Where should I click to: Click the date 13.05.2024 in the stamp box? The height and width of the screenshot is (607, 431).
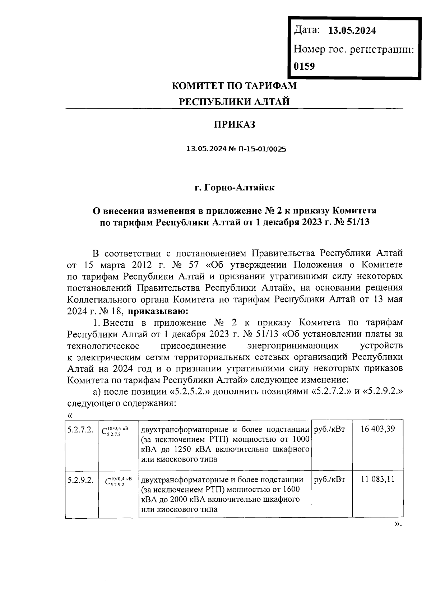point(352,31)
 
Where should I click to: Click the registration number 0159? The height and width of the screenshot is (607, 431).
point(304,66)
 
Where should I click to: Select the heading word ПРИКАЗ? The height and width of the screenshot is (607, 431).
point(235,125)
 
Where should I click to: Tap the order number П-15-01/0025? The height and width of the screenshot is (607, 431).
point(258,149)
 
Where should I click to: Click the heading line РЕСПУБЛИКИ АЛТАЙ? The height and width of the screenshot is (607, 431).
point(235,102)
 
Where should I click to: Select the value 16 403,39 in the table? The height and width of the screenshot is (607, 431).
point(377,429)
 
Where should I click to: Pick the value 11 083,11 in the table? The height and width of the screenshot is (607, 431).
point(377,479)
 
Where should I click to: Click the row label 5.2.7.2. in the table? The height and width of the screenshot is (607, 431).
point(80,429)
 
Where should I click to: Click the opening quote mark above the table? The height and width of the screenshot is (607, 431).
point(70,416)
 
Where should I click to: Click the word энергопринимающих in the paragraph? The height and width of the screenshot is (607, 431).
point(293,346)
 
